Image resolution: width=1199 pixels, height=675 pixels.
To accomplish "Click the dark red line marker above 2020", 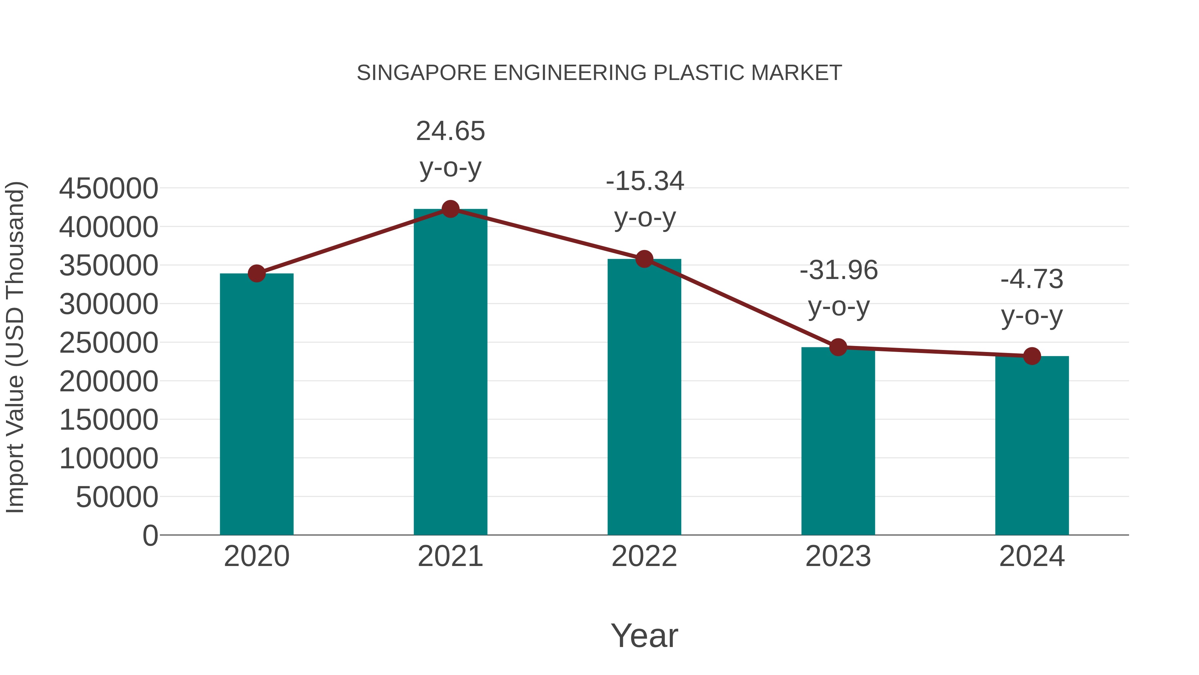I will [256, 273].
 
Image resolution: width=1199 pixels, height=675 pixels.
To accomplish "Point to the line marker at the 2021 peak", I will [450, 209].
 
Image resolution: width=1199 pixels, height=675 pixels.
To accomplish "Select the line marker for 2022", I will [644, 259].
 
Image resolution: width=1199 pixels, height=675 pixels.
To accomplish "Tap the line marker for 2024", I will [1032, 356].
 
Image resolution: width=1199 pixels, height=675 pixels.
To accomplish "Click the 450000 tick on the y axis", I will [109, 189].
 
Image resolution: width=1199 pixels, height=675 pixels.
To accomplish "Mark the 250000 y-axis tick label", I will [109, 343].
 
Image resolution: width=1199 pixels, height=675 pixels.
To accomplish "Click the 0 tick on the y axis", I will [150, 535].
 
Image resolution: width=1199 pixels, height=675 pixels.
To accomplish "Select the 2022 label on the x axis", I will [644, 556].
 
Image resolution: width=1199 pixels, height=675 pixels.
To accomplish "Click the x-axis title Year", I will [644, 635].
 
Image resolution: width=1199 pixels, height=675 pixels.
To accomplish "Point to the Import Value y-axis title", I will [15, 347].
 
